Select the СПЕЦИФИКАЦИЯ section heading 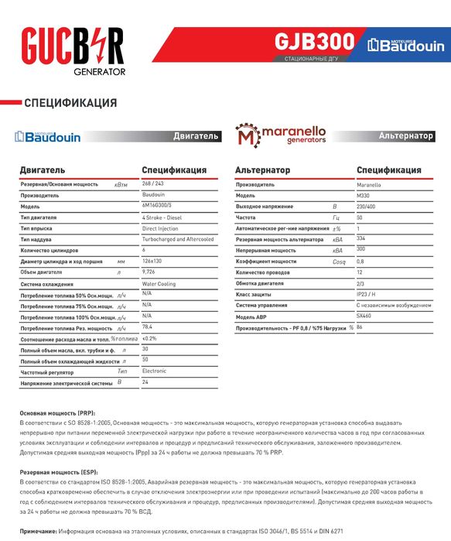[x=70, y=103]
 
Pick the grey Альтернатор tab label [x=405, y=135]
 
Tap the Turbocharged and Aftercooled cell [x=178, y=240]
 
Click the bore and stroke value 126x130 [x=154, y=262]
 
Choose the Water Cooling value [x=159, y=284]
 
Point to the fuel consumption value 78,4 [x=148, y=327]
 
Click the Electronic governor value [x=154, y=371]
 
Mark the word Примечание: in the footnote [x=39, y=531]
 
